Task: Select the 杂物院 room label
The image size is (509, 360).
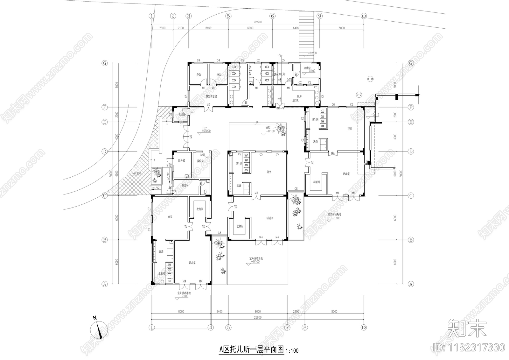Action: tap(307, 68)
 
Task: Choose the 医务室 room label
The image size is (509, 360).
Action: tap(182, 161)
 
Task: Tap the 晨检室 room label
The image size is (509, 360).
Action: tap(200, 161)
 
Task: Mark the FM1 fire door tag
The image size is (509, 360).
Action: tap(279, 109)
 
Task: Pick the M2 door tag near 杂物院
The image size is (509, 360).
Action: tap(296, 74)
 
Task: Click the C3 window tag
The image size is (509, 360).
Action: tap(162, 282)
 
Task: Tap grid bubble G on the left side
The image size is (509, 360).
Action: tap(104, 63)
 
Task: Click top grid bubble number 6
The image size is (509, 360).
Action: tap(272, 16)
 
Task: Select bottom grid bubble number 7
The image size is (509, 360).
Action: tap(287, 327)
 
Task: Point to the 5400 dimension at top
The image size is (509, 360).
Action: tap(208, 28)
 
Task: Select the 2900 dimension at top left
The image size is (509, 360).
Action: tap(162, 28)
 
